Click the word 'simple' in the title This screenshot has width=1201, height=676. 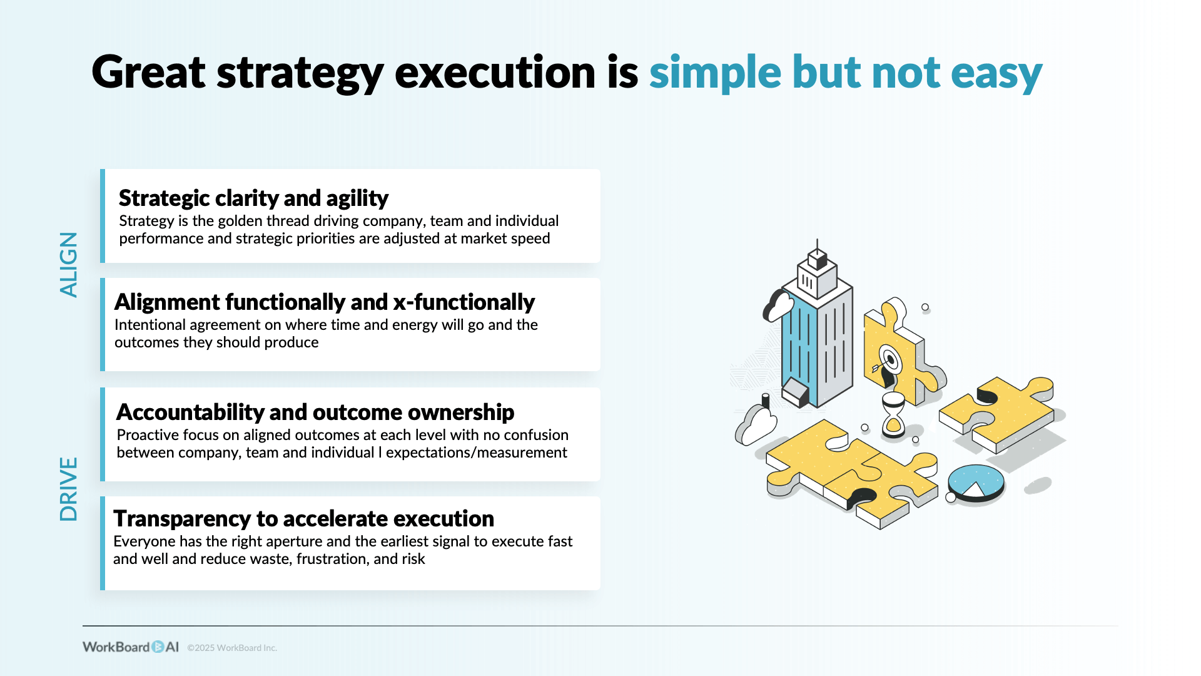pyautogui.click(x=715, y=73)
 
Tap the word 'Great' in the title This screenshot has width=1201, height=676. pyautogui.click(x=148, y=73)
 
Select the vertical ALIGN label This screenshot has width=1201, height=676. pyautogui.click(x=69, y=264)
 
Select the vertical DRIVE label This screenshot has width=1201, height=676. pyautogui.click(x=69, y=489)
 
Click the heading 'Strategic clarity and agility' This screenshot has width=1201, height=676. pyautogui.click(x=253, y=198)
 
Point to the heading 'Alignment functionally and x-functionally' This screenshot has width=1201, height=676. pyautogui.click(x=324, y=302)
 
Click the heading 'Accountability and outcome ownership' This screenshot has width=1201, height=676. pyautogui.click(x=315, y=412)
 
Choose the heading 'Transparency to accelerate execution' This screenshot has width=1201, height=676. pyautogui.click(x=303, y=519)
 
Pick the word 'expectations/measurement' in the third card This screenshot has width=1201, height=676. pyautogui.click(x=476, y=453)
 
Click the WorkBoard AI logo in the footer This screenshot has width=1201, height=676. pyautogui.click(x=130, y=647)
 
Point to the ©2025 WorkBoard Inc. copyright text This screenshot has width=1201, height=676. pyautogui.click(x=232, y=648)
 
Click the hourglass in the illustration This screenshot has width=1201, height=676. pyautogui.click(x=893, y=414)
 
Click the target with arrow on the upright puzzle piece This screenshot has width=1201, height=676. pyautogui.click(x=889, y=361)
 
